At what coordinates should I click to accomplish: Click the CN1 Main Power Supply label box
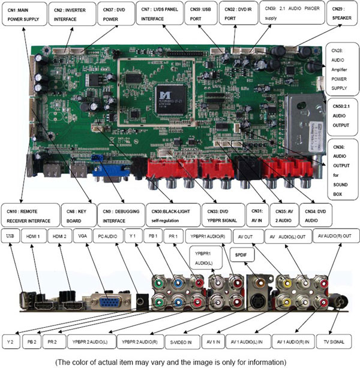point(23,14)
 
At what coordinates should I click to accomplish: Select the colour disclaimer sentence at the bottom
point(179,361)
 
